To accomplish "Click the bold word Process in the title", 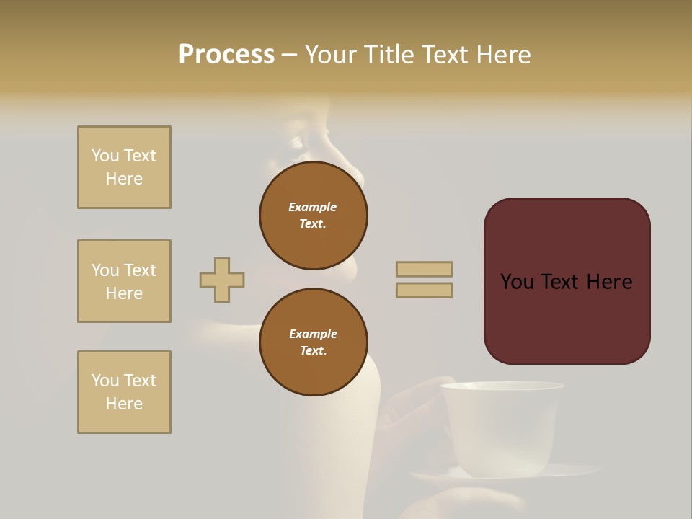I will [x=226, y=55].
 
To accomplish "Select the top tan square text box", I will [x=124, y=167].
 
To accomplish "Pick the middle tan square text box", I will [x=124, y=281].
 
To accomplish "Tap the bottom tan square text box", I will [x=124, y=392].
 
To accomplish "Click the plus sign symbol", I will [x=222, y=280].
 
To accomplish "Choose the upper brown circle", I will [x=314, y=216].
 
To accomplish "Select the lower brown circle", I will [x=314, y=342].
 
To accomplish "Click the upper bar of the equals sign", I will [x=425, y=269].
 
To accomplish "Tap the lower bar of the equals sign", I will [x=425, y=290].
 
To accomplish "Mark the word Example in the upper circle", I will [x=313, y=207].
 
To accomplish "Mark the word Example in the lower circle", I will [x=313, y=334].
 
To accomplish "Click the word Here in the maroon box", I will [x=610, y=282].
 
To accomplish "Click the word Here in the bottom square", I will [x=124, y=404].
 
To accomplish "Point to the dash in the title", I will [x=290, y=56].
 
